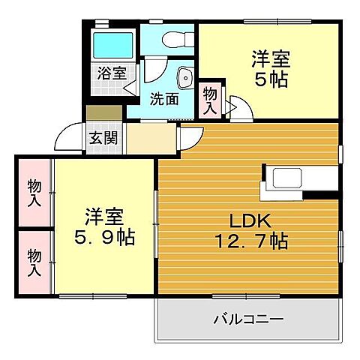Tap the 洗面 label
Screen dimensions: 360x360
tap(164, 97)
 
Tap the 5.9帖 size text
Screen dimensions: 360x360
tap(103, 238)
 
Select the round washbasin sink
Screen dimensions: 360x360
tap(184, 76)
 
